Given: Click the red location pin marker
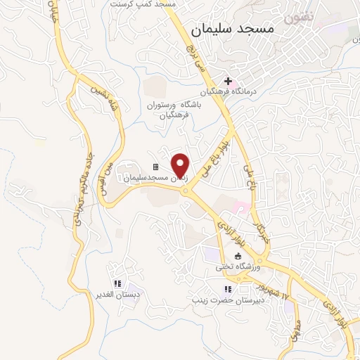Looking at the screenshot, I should [181, 165].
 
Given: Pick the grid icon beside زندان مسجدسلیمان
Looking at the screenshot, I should [155, 167].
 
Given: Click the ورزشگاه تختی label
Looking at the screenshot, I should [238, 267].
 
